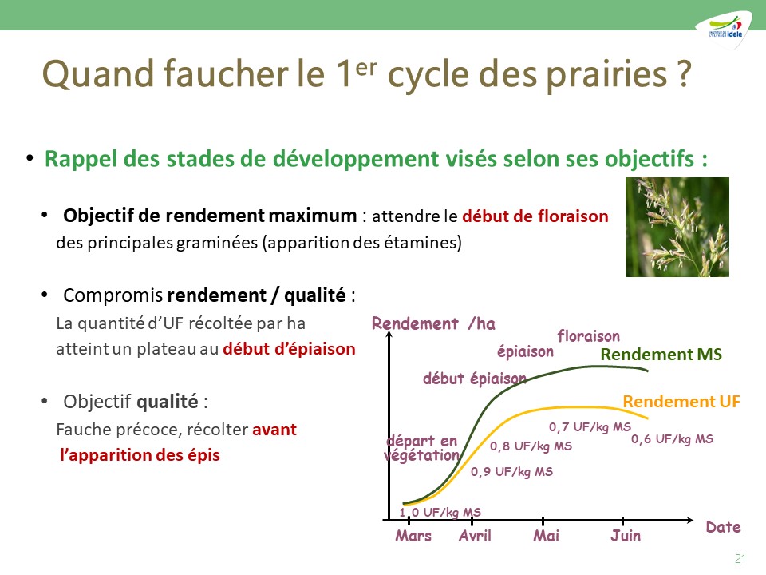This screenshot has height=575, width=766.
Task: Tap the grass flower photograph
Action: pyautogui.click(x=677, y=228)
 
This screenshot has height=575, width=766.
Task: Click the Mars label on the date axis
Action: pyautogui.click(x=413, y=536)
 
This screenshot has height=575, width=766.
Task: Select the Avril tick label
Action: pyautogui.click(x=475, y=536)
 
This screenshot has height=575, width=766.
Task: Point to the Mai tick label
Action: pyautogui.click(x=546, y=536)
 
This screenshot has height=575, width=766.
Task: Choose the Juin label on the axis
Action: pyautogui.click(x=626, y=536)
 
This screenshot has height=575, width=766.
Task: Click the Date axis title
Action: pyautogui.click(x=723, y=527)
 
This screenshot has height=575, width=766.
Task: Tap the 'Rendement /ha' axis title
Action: pyautogui.click(x=433, y=323)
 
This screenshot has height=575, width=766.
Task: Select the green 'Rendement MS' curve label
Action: pyautogui.click(x=661, y=355)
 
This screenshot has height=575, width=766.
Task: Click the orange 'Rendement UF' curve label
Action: pyautogui.click(x=681, y=402)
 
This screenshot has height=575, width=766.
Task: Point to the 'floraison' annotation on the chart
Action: pyautogui.click(x=589, y=336)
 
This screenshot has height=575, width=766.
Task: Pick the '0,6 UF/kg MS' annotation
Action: pyautogui.click(x=672, y=439)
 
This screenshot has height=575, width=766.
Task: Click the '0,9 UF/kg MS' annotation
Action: pyautogui.click(x=512, y=472)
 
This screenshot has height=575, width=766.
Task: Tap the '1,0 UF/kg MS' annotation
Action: pyautogui.click(x=440, y=513)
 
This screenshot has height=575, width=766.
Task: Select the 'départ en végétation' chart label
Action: pyautogui.click(x=421, y=448)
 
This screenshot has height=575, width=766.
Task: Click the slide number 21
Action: pyautogui.click(x=740, y=558)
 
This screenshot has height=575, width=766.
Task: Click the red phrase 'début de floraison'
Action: pyautogui.click(x=535, y=216)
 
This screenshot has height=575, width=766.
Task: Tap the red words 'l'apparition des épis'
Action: pyautogui.click(x=140, y=455)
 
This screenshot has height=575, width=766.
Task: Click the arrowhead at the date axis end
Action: pyautogui.click(x=689, y=520)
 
